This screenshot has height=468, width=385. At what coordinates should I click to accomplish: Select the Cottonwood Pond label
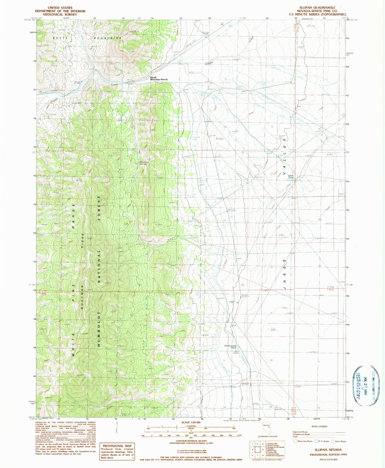[x=230, y=347]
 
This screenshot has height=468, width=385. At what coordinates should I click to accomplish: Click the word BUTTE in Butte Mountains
[x=59, y=38]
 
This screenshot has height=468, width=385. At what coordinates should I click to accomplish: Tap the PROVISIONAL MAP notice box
[x=117, y=452]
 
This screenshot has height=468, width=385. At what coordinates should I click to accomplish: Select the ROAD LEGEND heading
[x=319, y=426]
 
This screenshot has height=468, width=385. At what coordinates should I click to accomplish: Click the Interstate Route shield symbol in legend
[x=295, y=441]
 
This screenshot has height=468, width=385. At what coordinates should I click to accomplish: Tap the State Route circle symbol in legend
[x=333, y=441]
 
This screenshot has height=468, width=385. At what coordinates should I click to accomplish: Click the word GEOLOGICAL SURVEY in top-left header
[x=60, y=14]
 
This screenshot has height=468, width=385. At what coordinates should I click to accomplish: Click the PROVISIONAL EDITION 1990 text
[x=328, y=454]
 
